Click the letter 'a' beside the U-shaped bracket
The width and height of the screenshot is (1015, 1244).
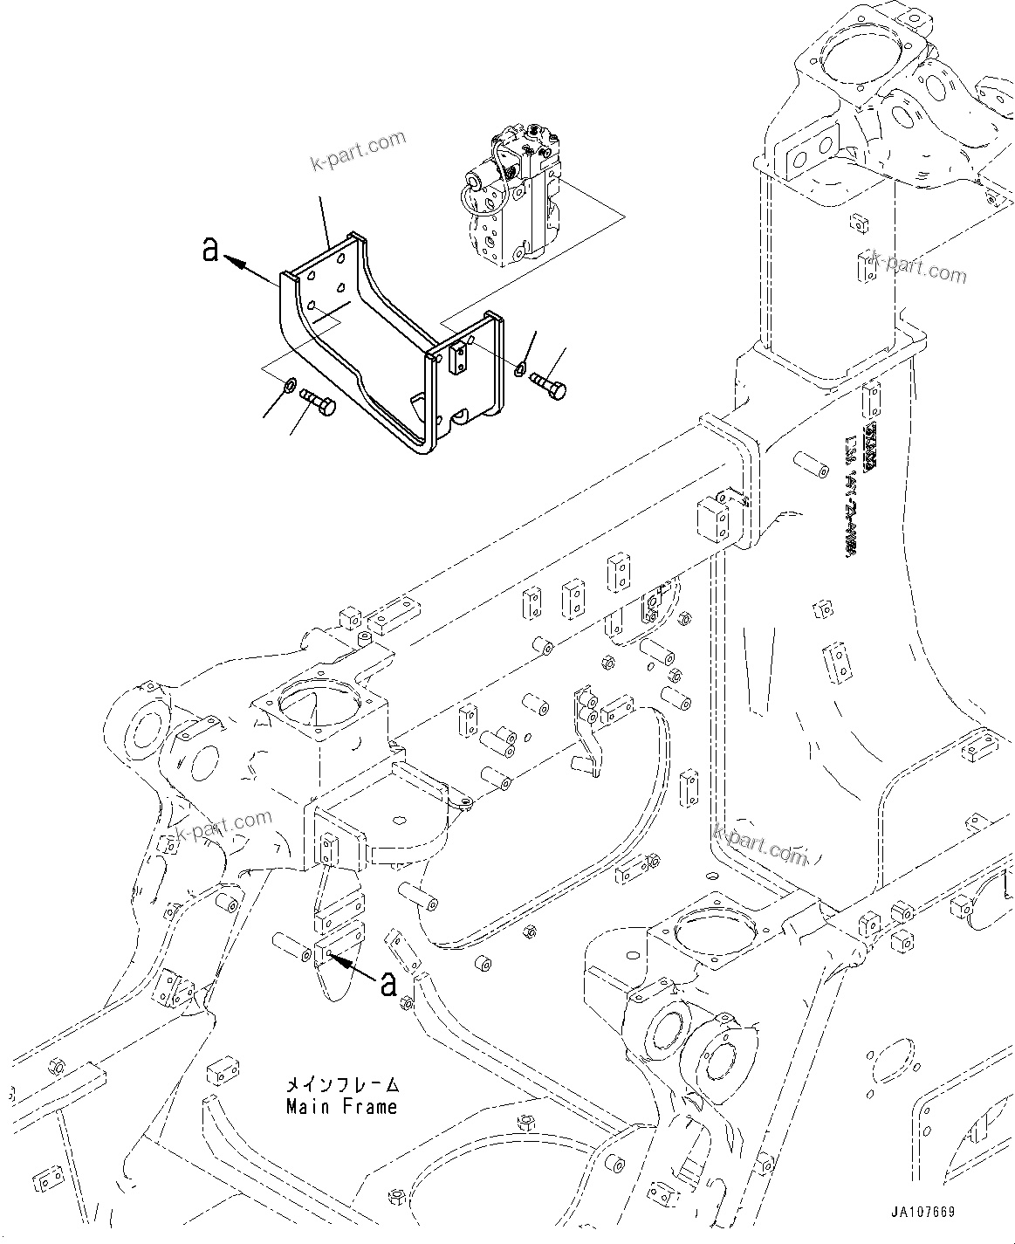[209, 251]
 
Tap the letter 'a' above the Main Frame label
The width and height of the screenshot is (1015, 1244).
[388, 983]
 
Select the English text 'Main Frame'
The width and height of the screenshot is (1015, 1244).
[341, 1107]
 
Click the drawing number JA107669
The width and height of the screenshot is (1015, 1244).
[922, 1213]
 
